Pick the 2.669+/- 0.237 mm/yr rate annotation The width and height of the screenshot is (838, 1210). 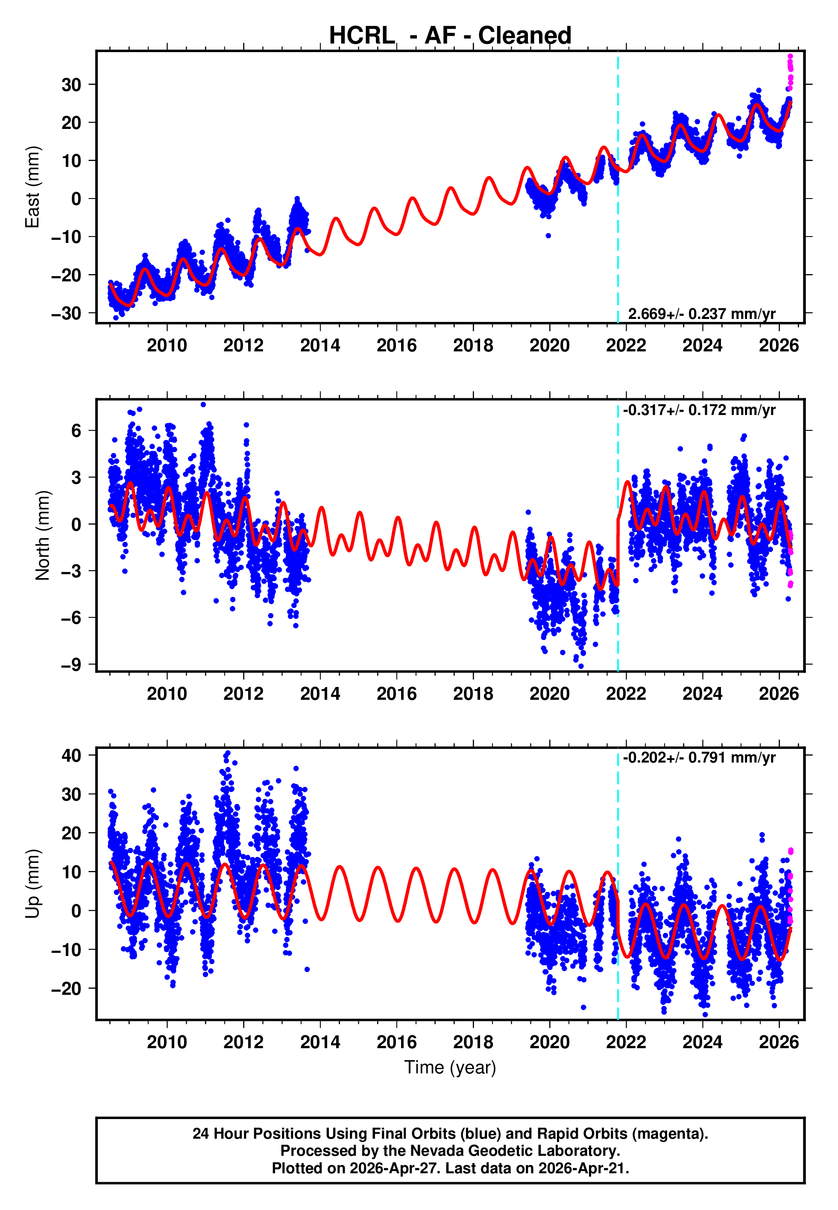pos(701,314)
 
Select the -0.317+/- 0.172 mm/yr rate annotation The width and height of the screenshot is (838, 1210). pos(699,410)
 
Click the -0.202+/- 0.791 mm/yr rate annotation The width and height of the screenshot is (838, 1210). pos(699,758)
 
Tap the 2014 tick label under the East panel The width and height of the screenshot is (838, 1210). pos(320,345)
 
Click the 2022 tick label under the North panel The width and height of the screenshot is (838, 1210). pos(626,694)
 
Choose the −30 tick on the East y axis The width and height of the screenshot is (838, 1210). pos(66,313)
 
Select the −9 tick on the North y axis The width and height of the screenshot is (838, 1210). pos(71,665)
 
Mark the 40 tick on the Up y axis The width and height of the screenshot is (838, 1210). pos(71,756)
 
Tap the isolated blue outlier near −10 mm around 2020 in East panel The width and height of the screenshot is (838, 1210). pos(548,236)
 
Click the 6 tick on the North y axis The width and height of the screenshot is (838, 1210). pos(76,431)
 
